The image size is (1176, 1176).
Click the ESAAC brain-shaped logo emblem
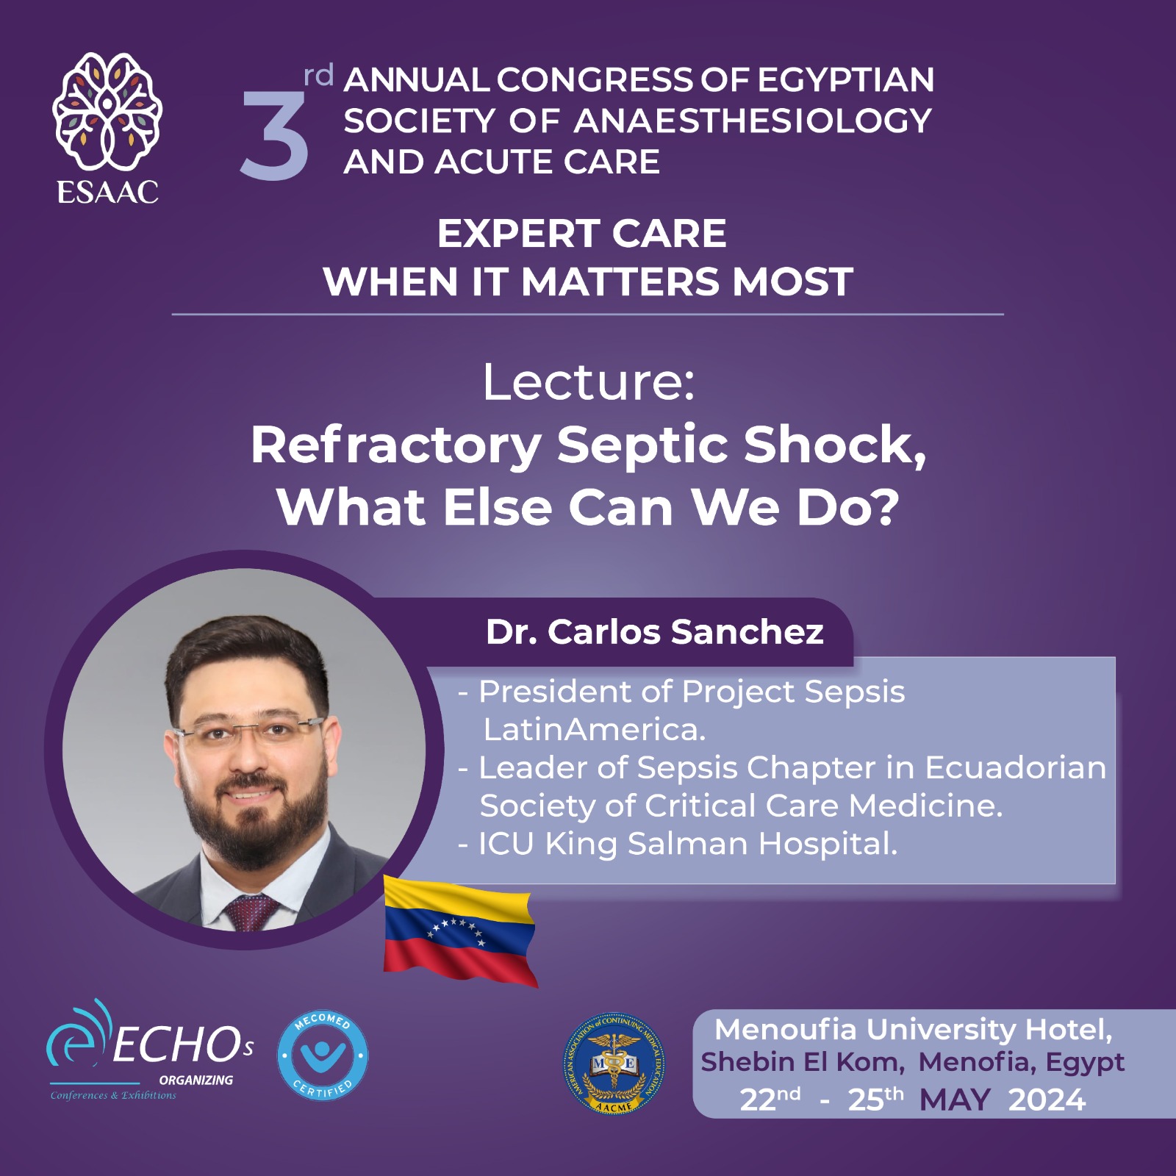[107, 111]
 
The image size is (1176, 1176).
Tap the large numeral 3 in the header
[274, 136]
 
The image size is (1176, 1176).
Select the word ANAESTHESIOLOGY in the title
[752, 121]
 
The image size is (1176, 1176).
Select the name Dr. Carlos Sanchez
[655, 632]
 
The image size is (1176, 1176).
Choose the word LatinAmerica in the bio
[594, 730]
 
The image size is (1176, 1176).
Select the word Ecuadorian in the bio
[1015, 768]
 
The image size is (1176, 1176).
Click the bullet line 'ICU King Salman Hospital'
[678, 845]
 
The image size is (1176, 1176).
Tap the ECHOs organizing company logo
[151, 1050]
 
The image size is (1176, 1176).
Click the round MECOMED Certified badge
[323, 1055]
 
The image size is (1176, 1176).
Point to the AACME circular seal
[614, 1064]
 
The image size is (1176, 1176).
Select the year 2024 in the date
[1047, 1100]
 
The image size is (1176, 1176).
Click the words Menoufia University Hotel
[914, 1030]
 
